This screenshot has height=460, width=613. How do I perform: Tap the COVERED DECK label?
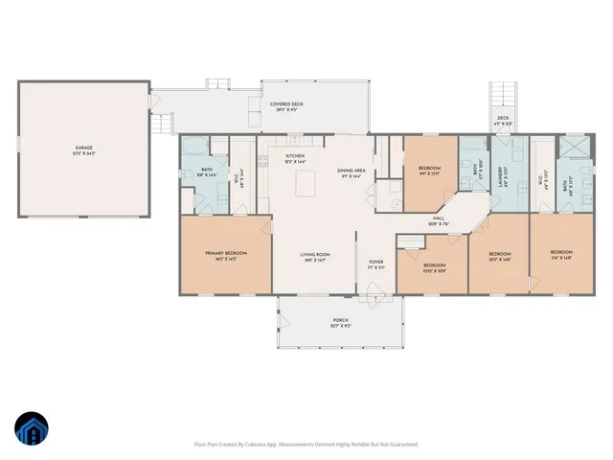pyautogui.click(x=288, y=107)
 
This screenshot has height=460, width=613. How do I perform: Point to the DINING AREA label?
pyautogui.click(x=350, y=173)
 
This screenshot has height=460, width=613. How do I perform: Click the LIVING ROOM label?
pyautogui.click(x=315, y=256)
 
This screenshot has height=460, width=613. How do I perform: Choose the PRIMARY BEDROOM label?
pyautogui.click(x=225, y=255)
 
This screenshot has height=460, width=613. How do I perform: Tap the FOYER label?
pyautogui.click(x=376, y=264)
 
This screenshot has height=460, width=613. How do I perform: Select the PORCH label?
pyautogui.click(x=341, y=323)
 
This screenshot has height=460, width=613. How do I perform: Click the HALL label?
pyautogui.click(x=438, y=221)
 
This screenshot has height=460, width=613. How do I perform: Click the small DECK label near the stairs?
pyautogui.click(x=503, y=121)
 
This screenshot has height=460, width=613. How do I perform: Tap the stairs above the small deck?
pyautogui.click(x=504, y=95)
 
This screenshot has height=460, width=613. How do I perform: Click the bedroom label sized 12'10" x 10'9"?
pyautogui.click(x=434, y=267)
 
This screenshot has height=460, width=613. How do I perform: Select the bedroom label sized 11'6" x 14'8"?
pyautogui.click(x=561, y=255)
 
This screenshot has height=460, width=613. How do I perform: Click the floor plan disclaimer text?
pyautogui.click(x=306, y=445)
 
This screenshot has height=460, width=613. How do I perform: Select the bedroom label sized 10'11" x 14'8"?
pyautogui.click(x=499, y=255)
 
